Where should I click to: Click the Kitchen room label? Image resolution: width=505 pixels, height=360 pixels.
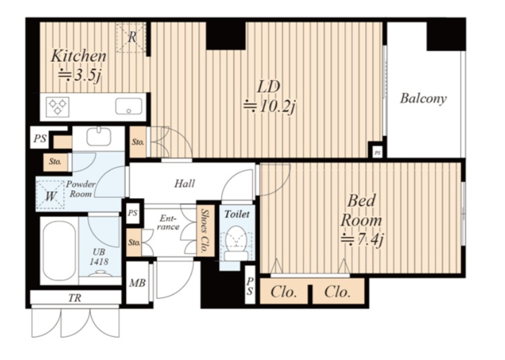pos(79,56)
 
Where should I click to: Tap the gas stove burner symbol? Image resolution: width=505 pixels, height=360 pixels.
pos(58,107)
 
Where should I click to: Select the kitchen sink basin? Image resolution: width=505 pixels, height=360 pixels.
pos(128,106)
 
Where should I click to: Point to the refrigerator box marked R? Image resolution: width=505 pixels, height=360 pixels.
pos(131,37)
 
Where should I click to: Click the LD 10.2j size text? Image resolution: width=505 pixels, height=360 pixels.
pos(269,107)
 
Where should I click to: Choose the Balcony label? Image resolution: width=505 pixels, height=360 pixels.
pos(423,98)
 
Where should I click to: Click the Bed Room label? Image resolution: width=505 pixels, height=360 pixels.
pos(362,210)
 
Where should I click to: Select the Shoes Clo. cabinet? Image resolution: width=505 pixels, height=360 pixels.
pos(205,230)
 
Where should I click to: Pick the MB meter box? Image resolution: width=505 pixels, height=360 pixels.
pos(138,283)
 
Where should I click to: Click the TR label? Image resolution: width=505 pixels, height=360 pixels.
pos(75,298)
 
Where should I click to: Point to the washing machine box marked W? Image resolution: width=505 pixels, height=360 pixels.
pos(50,195)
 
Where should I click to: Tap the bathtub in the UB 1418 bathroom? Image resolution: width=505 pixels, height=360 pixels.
pos(59,251)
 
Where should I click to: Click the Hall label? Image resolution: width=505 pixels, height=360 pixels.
pos(184,184)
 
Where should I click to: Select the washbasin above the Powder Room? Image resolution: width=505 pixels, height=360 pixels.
pos(99,136)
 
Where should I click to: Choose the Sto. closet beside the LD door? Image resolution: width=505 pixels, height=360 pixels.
pos(138,142)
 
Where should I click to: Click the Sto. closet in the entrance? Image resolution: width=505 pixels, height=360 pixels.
pos(134,243)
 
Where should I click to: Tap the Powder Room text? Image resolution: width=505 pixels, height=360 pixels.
pos(81,189)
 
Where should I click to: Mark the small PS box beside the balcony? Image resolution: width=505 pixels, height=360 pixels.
pos(377,153)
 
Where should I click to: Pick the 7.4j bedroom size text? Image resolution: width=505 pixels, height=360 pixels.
pos(362,239)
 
